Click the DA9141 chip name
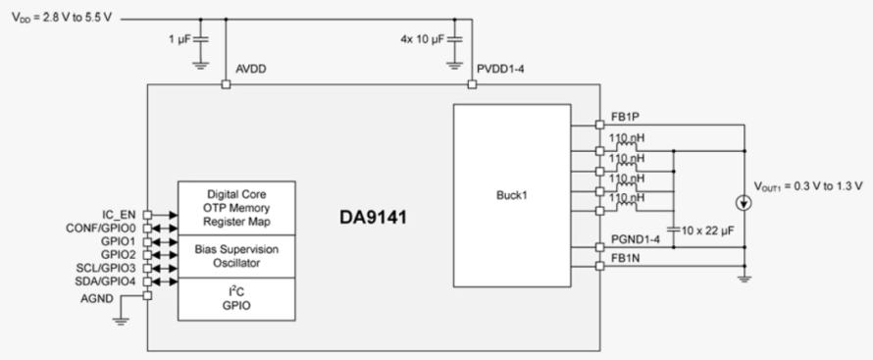[373, 218]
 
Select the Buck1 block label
[512, 196]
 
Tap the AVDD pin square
[226, 84]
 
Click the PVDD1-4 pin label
[500, 70]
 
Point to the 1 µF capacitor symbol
[201, 39]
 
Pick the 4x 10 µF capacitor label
[423, 40]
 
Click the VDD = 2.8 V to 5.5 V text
[62, 18]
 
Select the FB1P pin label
[619, 118]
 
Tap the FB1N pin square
[599, 266]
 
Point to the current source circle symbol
[745, 204]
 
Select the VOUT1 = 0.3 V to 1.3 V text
[809, 185]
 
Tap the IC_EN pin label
[119, 214]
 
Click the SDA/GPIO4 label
[106, 281]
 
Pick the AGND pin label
[97, 299]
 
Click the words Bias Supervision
[236, 249]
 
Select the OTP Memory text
[237, 208]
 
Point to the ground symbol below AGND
[121, 320]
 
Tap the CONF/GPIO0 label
[101, 228]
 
